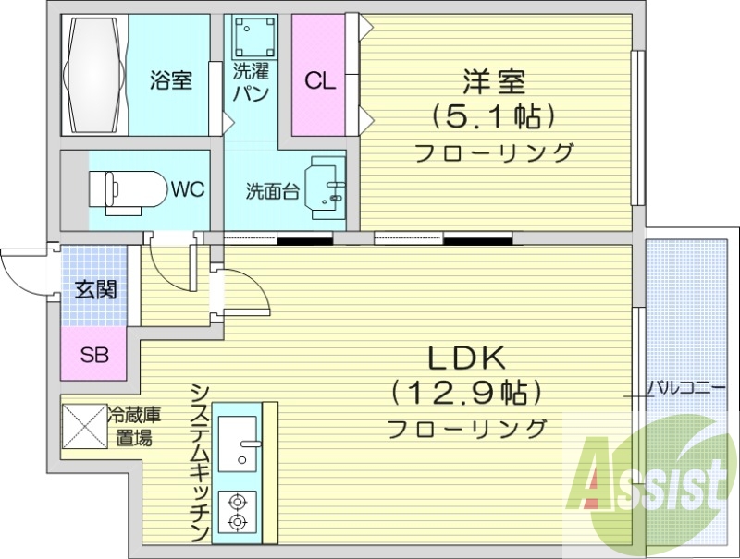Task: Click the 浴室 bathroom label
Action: click(x=170, y=80)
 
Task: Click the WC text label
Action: click(x=187, y=189)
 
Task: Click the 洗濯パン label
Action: click(x=252, y=81)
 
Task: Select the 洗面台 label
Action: click(x=272, y=191)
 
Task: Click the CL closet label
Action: click(x=320, y=81)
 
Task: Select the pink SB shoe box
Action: click(x=92, y=353)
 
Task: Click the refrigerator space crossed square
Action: click(x=84, y=426)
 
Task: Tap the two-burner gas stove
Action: click(x=238, y=513)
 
